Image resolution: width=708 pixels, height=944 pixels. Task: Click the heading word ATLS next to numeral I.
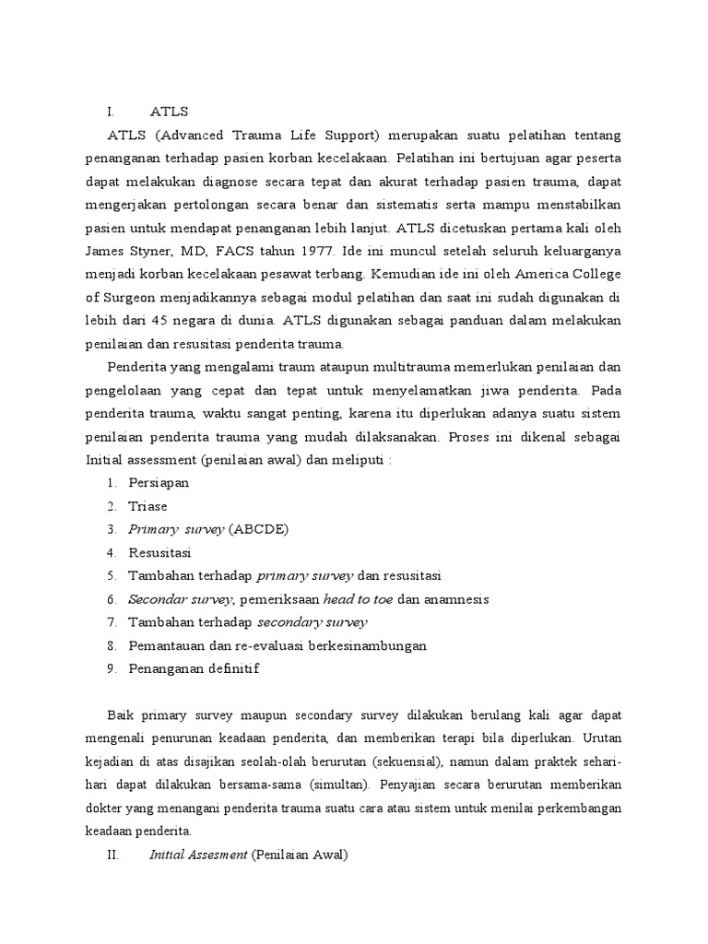(169, 112)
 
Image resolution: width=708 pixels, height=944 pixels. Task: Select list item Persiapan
(158, 483)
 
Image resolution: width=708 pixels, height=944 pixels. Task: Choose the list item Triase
(148, 506)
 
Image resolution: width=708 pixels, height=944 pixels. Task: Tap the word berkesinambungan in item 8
(362, 645)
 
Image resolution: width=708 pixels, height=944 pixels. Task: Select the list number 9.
(110, 668)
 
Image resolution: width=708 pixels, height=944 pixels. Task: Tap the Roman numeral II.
(112, 855)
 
